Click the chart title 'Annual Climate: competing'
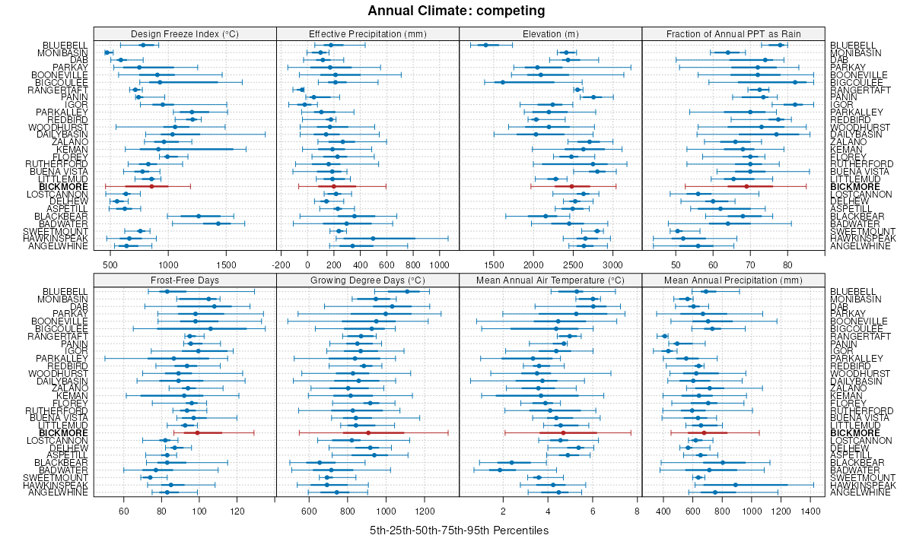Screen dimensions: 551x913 point(456,11)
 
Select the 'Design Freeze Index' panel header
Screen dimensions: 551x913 point(185,33)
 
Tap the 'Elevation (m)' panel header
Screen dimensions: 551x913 point(551,33)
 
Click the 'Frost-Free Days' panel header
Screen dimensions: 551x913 point(185,280)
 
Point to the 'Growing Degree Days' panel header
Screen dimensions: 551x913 point(367,280)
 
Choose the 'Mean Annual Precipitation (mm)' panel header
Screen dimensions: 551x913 point(733,280)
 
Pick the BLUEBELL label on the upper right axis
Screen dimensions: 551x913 point(851,46)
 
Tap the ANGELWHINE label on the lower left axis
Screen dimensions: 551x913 point(59,492)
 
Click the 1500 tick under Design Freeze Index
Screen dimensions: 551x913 point(226,264)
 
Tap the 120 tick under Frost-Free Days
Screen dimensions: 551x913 point(237,511)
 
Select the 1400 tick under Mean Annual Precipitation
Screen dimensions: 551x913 point(812,511)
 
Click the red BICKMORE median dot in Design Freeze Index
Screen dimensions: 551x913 point(151,186)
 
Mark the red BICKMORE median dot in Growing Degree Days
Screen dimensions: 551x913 point(368,432)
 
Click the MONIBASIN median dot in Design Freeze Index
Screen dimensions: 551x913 point(107,52)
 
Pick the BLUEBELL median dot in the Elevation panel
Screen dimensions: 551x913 point(485,45)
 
